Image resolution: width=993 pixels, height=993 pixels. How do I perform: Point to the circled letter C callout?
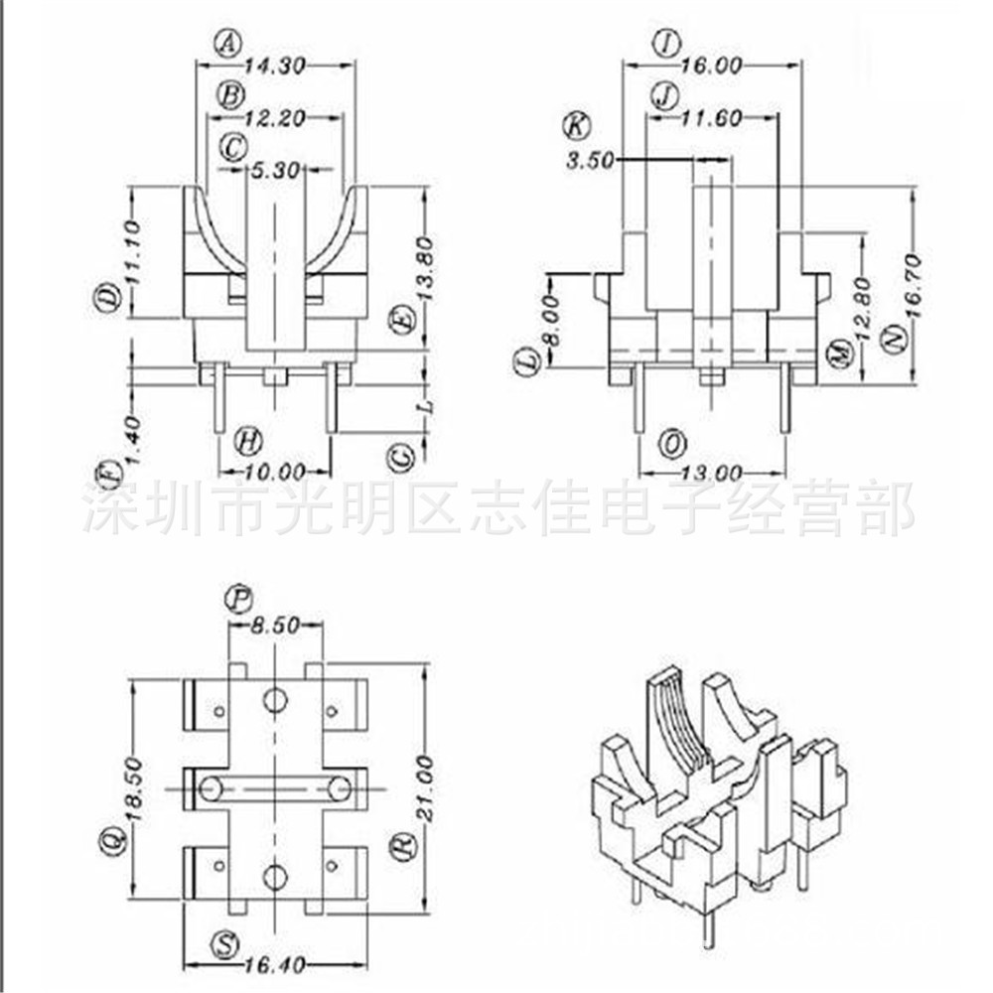tap(233, 148)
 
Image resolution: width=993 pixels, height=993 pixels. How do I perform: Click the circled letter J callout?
tap(664, 95)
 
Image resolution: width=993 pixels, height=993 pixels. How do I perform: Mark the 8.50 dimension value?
tap(274, 626)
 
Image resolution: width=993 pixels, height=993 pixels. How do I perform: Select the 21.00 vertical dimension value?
tap(424, 789)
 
